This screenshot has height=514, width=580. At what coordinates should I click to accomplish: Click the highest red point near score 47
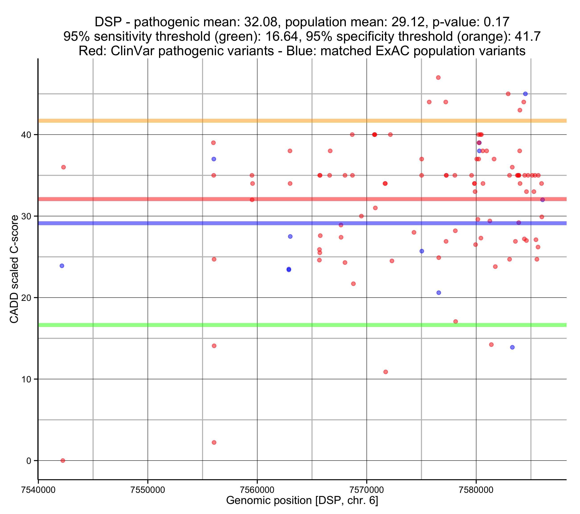[x=438, y=78]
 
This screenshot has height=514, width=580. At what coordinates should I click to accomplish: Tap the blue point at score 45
[x=525, y=94]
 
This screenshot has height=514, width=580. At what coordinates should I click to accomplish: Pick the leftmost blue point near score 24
[x=62, y=266]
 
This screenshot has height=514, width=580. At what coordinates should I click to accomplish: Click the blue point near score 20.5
[x=439, y=293]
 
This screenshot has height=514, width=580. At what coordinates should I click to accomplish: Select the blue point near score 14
[x=512, y=347]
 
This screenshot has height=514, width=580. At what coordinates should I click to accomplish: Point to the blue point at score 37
[x=214, y=159]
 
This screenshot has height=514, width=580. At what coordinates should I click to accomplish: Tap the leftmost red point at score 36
[x=64, y=167]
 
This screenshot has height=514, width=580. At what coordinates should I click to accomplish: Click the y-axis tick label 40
[x=26, y=135]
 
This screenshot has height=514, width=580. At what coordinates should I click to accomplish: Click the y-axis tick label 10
[x=26, y=379]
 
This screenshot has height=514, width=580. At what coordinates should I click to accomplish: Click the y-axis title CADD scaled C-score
[x=14, y=269]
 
